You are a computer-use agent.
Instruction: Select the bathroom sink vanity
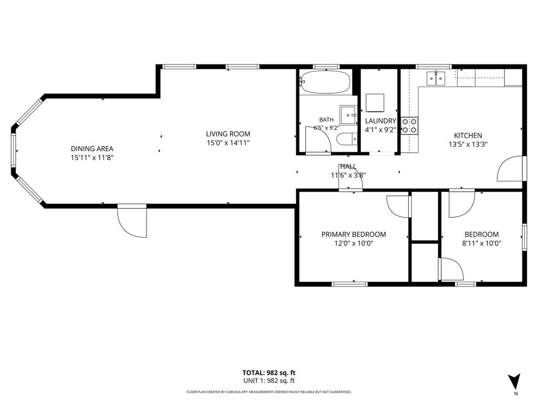348,115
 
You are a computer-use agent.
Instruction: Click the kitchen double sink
436,78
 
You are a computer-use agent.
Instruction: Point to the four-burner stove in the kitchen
410,125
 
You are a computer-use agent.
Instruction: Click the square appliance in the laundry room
375,103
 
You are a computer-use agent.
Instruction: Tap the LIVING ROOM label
228,134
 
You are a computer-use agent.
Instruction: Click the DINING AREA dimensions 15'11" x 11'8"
92,157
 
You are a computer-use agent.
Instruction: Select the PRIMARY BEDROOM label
354,235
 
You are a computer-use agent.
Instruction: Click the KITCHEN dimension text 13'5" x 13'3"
468,144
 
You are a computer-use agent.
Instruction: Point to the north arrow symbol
514,381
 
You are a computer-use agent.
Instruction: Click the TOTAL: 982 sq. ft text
268,373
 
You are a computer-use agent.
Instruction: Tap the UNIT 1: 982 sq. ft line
268,380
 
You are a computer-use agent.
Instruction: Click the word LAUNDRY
380,121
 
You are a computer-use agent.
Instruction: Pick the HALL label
348,166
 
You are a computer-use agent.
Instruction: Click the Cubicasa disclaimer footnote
268,392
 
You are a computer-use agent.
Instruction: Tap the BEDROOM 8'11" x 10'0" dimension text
482,243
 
